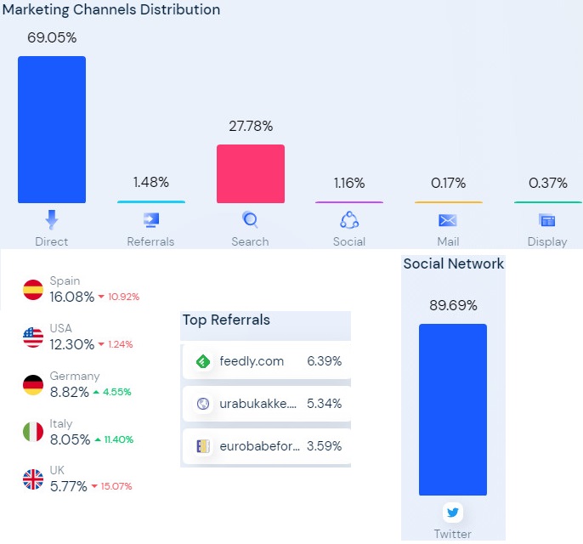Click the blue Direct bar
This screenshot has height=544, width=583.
click(52, 129)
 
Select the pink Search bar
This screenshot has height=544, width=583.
click(251, 173)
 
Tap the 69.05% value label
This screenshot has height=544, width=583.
click(52, 37)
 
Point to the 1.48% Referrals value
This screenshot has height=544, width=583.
click(151, 182)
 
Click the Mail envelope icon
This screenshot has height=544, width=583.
click(448, 221)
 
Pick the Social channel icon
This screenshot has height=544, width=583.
click(349, 221)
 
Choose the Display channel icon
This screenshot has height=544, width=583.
click(547, 221)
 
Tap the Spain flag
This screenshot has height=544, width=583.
click(33, 290)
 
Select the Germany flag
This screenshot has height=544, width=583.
click(33, 385)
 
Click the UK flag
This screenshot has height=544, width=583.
click(33, 479)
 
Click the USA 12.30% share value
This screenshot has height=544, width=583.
click(72, 344)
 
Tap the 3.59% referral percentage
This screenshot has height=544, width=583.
click(324, 445)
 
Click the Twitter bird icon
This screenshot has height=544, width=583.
click(453, 513)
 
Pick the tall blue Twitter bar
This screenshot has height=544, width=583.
click(453, 409)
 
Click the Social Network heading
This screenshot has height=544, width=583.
click(453, 263)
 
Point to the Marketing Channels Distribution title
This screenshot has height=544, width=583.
click(111, 10)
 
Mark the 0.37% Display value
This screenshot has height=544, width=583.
click(548, 182)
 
